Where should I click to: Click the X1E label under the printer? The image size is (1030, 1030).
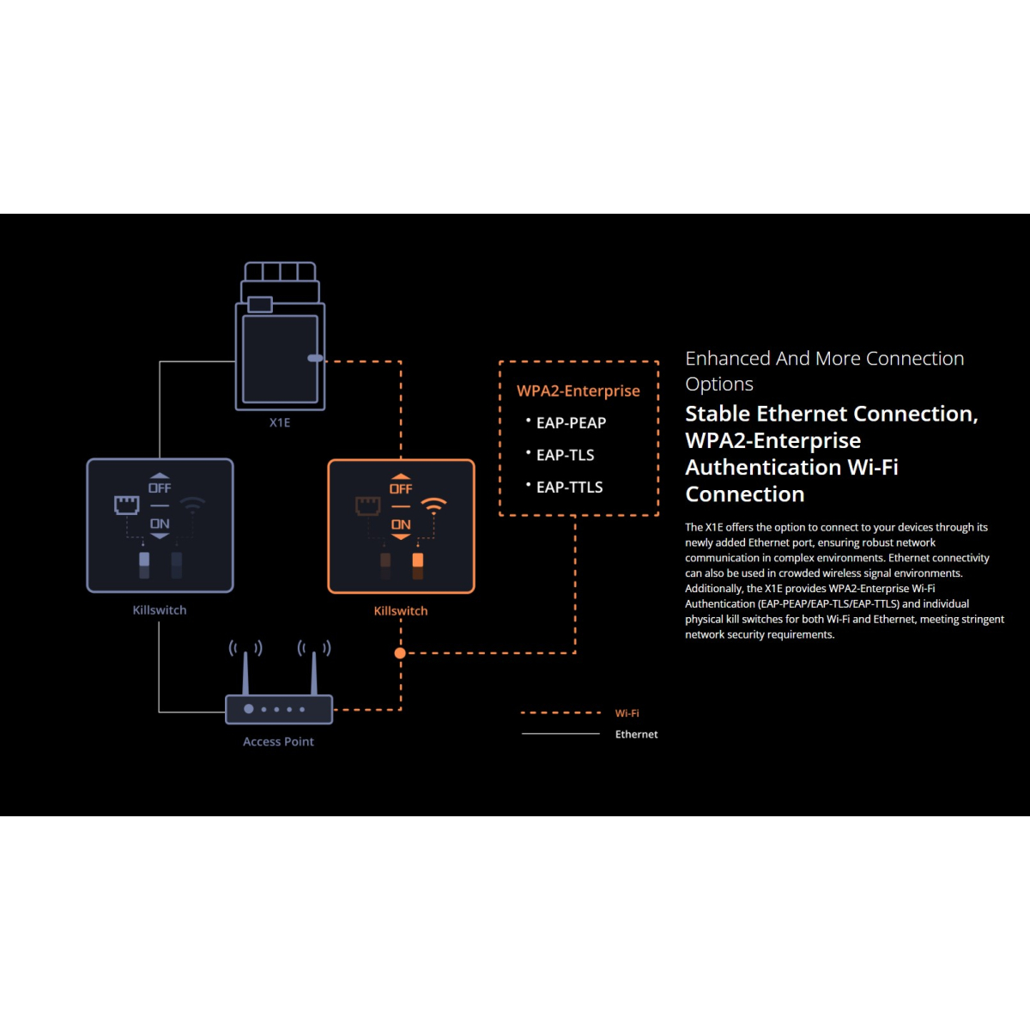(280, 422)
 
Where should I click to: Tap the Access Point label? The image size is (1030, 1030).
(278, 742)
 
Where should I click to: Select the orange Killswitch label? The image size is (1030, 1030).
(401, 611)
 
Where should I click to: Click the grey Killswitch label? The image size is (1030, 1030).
(160, 610)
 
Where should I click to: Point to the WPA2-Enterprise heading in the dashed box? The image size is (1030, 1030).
(579, 391)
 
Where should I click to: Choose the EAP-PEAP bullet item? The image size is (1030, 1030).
(571, 423)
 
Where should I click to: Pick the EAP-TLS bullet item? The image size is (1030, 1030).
(565, 455)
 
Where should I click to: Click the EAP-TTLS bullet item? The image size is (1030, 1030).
(569, 488)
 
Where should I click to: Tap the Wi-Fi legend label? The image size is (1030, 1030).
(627, 713)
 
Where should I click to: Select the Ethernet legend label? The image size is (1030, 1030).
(637, 735)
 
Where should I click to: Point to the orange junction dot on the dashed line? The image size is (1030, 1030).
(400, 653)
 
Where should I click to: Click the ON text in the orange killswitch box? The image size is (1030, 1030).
(401, 524)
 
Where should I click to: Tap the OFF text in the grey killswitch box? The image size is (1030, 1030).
(160, 488)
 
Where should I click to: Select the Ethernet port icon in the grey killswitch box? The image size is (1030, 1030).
(127, 505)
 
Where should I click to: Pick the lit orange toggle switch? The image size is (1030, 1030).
(418, 561)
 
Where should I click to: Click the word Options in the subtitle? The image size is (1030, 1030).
(719, 384)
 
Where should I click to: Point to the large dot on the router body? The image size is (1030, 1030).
(249, 709)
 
